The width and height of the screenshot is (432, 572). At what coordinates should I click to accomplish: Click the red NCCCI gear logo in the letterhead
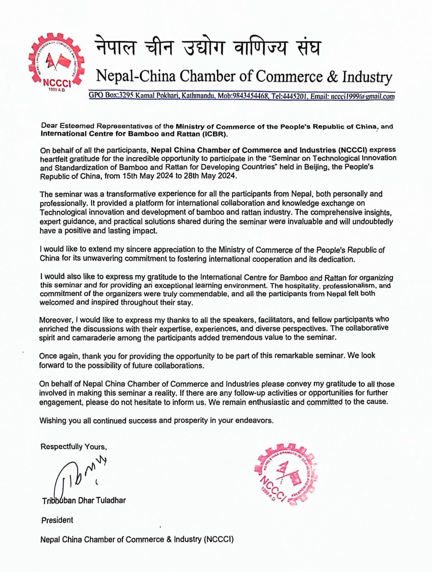tap(56, 62)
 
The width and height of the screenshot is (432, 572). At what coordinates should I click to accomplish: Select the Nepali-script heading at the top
tap(208, 48)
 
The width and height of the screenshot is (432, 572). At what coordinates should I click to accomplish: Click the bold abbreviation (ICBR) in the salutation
tap(213, 134)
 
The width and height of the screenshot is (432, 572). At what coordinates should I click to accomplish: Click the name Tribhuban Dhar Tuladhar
tap(84, 500)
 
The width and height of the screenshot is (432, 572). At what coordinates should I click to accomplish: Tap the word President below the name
tap(57, 520)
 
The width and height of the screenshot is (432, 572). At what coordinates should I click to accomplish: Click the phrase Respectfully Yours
tap(74, 447)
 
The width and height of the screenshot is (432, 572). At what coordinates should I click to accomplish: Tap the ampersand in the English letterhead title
tap(332, 76)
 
